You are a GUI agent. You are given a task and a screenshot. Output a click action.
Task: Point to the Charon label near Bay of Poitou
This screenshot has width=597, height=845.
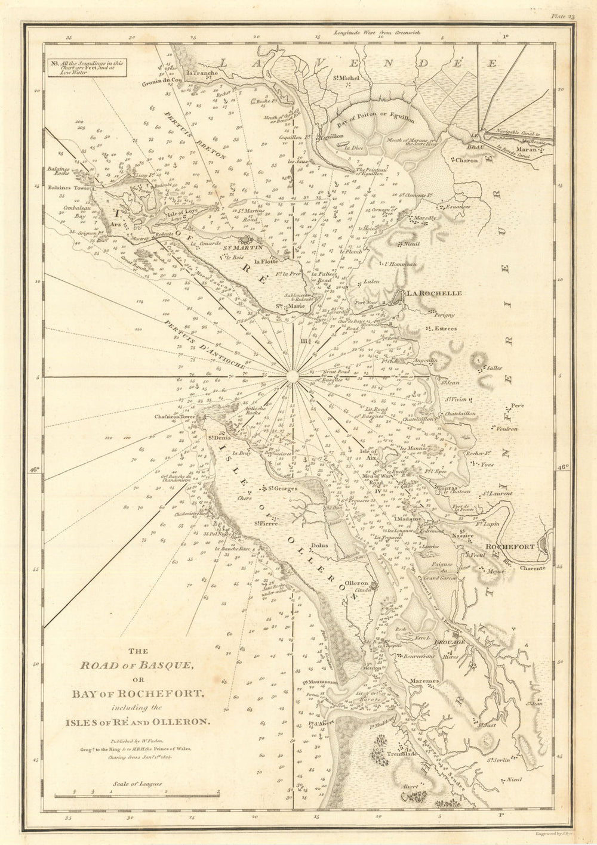(x=467, y=160)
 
